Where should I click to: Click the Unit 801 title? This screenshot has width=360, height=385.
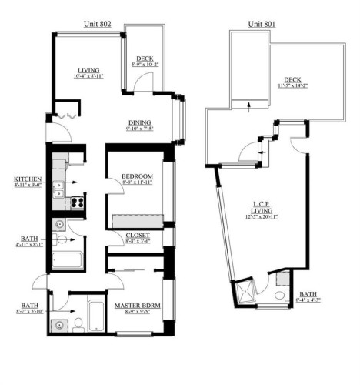click(261, 25)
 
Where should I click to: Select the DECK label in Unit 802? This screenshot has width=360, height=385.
click(144, 59)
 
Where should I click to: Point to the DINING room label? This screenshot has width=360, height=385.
click(139, 122)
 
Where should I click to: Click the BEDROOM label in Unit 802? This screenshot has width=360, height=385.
click(137, 176)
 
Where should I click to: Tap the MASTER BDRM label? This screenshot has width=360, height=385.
click(136, 306)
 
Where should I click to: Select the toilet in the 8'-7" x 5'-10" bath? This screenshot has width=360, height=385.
click(78, 323)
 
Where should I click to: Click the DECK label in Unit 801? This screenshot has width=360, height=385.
click(293, 79)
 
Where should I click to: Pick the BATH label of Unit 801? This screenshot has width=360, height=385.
click(307, 293)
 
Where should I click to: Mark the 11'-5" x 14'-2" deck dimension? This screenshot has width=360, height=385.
click(293, 86)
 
